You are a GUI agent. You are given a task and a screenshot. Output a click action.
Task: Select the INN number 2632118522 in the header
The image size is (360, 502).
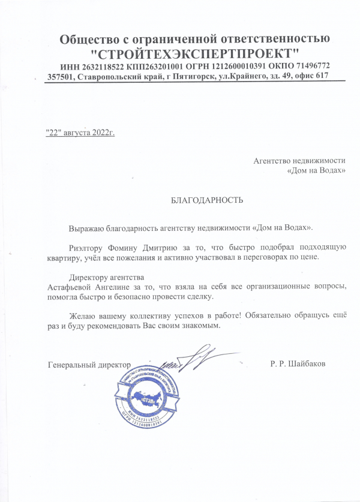coord(101,65)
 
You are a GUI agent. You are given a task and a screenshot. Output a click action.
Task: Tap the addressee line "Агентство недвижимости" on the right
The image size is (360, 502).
coord(300,161)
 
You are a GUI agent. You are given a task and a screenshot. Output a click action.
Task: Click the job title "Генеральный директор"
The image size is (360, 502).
coord(89,364)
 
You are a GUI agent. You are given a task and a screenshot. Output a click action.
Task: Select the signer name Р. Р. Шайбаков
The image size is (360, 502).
coord(298,364)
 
